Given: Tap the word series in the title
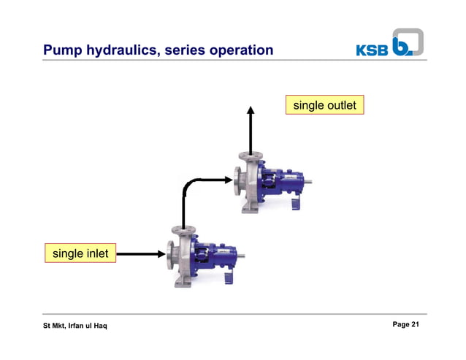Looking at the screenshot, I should (x=186, y=50).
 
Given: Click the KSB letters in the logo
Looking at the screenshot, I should (x=373, y=50).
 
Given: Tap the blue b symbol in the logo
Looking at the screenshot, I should (x=406, y=43).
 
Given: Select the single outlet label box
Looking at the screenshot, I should (x=324, y=106).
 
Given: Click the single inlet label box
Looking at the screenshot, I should (x=80, y=253).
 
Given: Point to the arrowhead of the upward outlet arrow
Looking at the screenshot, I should (x=251, y=111).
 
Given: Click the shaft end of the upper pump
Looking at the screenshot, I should (x=310, y=181).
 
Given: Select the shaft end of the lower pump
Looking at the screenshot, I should (x=242, y=256).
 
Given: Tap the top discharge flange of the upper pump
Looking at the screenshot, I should (x=251, y=156).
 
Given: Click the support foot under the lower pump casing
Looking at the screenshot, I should (x=182, y=283).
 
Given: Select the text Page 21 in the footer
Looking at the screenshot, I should (x=405, y=324).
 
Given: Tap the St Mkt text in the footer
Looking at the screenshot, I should (x=53, y=325).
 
